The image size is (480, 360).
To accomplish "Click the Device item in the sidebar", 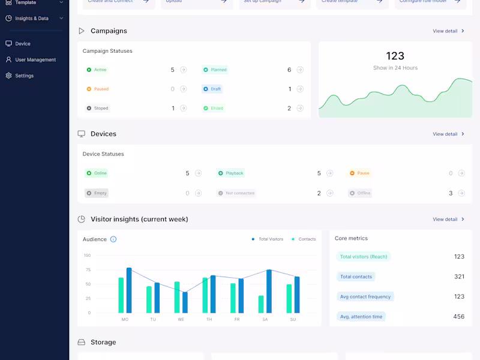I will pos(22,44).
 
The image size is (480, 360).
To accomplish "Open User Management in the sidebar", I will pos(35,60).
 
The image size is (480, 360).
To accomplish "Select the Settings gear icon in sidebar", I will pos(8,76).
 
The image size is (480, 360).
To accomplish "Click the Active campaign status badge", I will pos(97,70).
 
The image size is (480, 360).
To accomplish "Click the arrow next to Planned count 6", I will pos(300,70).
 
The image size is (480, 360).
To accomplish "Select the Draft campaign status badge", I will pos(213,89).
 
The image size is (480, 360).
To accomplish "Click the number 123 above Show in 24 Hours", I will pos(395,56).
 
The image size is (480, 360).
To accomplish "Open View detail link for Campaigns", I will pos(448,31).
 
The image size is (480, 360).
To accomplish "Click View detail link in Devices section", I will pos(448,134).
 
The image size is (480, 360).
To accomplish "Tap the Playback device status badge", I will pos(231,173).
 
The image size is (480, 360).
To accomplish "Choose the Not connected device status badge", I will pos(236,193).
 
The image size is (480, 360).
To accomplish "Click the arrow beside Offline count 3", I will pos(461,193).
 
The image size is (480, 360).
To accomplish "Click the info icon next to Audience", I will pos(113,239).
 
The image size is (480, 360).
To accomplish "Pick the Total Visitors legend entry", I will pos(268,239).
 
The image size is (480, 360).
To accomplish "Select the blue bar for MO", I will pos(129,290).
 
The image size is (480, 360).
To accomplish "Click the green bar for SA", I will pos(261,304).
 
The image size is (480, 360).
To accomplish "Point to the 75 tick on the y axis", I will pos(88,269).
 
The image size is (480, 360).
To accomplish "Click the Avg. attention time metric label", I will pos(361,316).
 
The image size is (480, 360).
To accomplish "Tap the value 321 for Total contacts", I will pos(459,277).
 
